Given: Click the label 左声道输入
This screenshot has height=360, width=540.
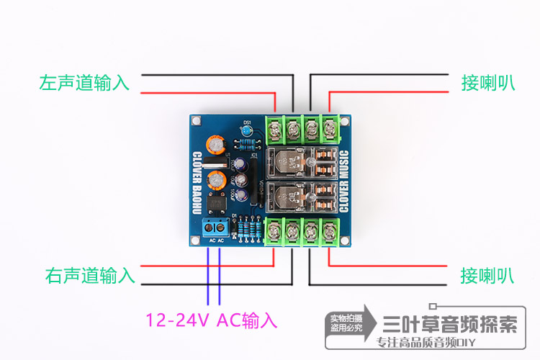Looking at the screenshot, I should pyautogui.click(x=85, y=83).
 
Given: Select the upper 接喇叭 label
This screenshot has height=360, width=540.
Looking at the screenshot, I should pyautogui.click(x=487, y=83).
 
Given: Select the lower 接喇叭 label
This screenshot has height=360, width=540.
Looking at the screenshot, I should pyautogui.click(x=487, y=274).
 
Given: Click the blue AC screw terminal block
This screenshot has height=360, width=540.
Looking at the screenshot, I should pyautogui.click(x=215, y=229).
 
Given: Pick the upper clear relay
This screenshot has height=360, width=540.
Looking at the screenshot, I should pyautogui.click(x=304, y=163).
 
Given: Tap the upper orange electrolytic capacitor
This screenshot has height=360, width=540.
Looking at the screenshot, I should pyautogui.click(x=215, y=145).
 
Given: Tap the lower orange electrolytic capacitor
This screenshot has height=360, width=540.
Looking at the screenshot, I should pyautogui.click(x=215, y=179).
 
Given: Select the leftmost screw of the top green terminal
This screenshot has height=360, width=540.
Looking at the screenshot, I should pyautogui.click(x=276, y=130).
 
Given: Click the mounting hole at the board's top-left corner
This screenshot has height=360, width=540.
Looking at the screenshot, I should pyautogui.click(x=196, y=120).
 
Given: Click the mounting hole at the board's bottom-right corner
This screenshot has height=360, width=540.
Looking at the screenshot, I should pyautogui.click(x=344, y=240).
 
